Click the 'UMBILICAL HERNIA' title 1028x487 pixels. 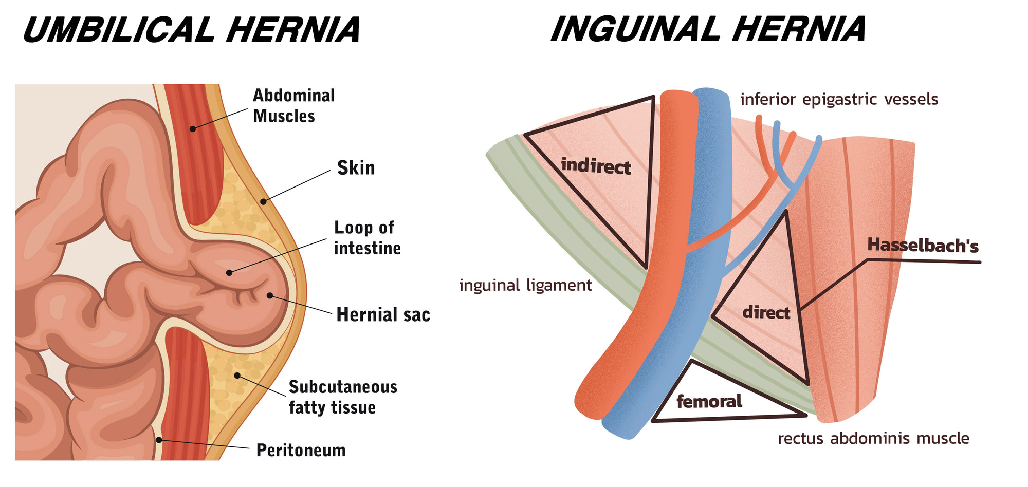191,29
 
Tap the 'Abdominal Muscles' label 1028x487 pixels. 293,106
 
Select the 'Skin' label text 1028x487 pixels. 356,168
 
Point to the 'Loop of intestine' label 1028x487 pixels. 367,238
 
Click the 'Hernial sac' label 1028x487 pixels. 383,314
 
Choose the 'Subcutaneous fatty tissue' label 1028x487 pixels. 343,397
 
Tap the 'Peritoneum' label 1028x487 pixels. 301,451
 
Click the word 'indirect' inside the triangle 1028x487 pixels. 596,166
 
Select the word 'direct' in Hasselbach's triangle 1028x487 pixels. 766,312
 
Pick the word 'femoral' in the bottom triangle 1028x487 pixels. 709,401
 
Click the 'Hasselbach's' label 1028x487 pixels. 923,246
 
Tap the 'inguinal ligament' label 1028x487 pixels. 525,285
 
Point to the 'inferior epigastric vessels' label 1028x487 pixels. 839,99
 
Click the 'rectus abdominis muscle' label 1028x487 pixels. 873,438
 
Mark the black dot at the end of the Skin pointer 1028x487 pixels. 263,201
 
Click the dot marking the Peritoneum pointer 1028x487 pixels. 159,440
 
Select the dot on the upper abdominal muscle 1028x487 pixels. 193,128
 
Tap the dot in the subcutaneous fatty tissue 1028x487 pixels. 237,376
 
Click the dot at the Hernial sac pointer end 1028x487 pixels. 269,295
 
